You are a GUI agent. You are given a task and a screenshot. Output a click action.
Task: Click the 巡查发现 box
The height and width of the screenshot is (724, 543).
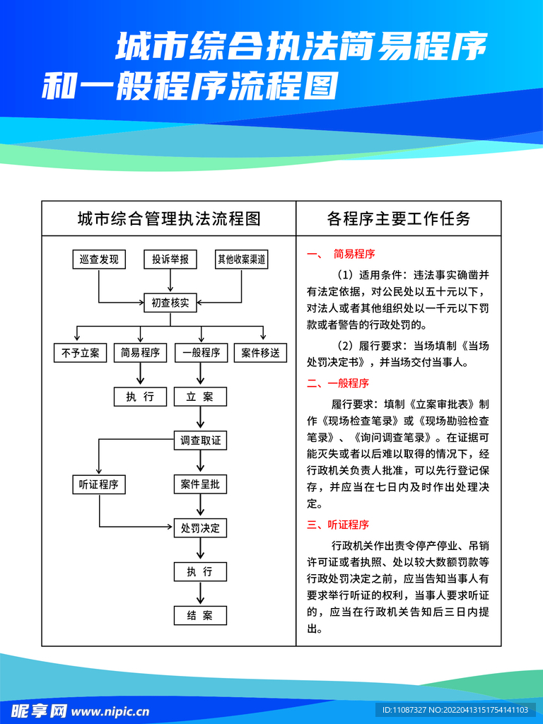(x=99, y=259)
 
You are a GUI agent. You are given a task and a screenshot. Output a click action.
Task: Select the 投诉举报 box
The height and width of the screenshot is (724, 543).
(x=170, y=259)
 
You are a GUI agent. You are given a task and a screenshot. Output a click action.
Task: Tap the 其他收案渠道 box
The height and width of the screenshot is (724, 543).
(x=242, y=259)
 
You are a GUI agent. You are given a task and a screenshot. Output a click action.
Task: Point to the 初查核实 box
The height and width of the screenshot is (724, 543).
(x=170, y=303)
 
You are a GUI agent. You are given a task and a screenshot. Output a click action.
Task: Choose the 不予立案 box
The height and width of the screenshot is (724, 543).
(x=80, y=353)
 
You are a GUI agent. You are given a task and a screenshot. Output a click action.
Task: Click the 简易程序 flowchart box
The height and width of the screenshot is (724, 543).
(x=140, y=353)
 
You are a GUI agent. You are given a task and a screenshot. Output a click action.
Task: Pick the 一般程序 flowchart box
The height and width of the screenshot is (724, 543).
(x=201, y=353)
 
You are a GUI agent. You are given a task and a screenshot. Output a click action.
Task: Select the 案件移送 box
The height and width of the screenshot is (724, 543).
(x=261, y=353)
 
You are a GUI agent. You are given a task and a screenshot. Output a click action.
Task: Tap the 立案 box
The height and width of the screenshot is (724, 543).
(x=201, y=397)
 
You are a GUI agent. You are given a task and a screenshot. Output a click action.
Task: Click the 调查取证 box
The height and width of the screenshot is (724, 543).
(x=201, y=440)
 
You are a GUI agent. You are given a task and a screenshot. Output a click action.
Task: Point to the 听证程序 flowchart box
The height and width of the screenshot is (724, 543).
(x=99, y=484)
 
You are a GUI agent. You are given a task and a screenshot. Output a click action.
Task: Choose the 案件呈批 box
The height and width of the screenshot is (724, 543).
(x=201, y=484)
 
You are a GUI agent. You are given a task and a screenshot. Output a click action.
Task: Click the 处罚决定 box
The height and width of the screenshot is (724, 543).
(x=201, y=527)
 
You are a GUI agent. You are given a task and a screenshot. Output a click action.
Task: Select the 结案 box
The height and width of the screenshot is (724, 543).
(x=201, y=615)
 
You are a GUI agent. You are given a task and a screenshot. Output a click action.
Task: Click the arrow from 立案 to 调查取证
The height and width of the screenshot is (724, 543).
(x=201, y=419)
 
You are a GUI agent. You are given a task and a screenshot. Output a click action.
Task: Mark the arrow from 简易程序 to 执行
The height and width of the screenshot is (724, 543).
(x=140, y=375)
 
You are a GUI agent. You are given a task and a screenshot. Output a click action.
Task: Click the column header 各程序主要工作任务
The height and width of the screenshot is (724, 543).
(x=399, y=218)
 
